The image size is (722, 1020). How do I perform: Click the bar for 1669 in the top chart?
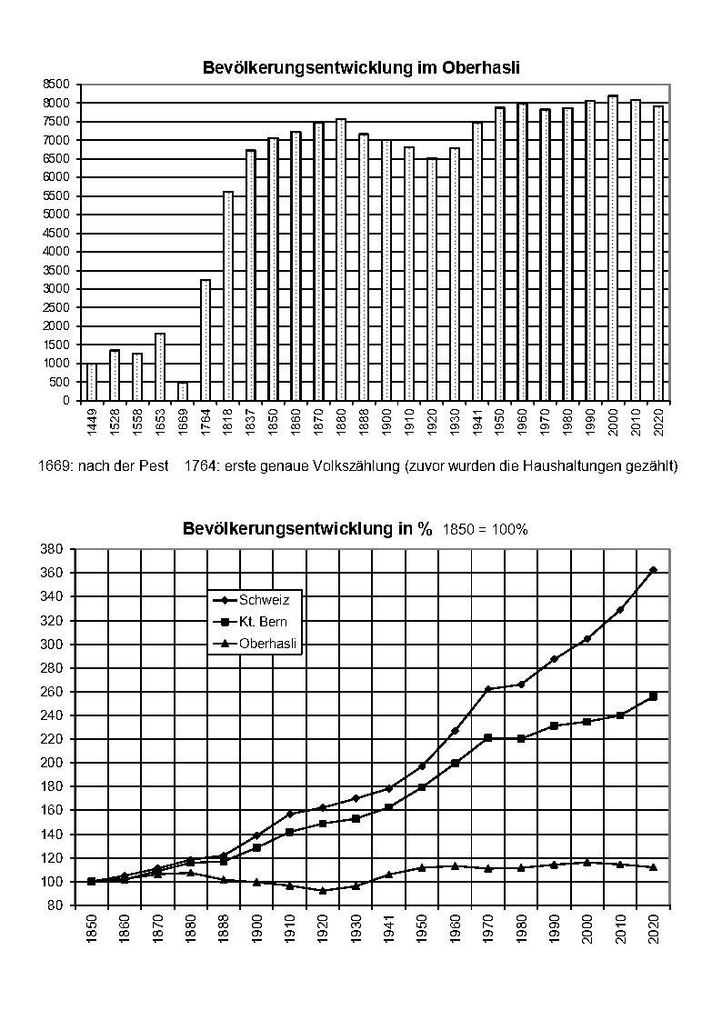click(x=183, y=392)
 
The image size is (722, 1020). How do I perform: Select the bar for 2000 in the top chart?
click(x=613, y=248)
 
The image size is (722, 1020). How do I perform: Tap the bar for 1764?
click(x=206, y=340)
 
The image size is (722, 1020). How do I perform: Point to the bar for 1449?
click(x=92, y=382)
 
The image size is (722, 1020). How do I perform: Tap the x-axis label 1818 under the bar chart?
click(x=228, y=420)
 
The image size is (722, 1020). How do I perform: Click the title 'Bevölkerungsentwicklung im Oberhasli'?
click(x=360, y=68)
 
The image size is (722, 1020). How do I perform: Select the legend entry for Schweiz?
click(x=257, y=600)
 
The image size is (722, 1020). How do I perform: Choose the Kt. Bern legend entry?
click(x=257, y=622)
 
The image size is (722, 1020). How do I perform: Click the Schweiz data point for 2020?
click(x=653, y=570)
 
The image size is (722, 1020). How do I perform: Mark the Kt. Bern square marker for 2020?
click(x=653, y=696)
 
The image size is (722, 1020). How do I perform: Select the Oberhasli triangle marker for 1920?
click(x=323, y=890)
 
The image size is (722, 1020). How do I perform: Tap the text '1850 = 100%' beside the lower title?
click(x=485, y=530)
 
